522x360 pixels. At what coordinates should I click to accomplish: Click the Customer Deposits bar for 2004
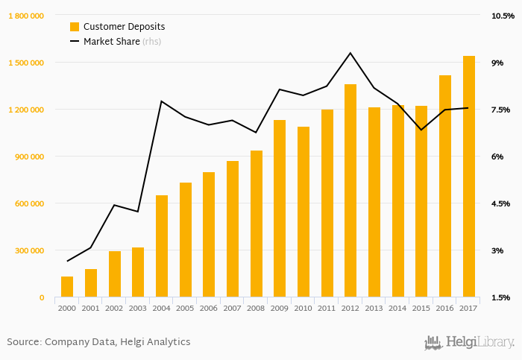(x=162, y=246)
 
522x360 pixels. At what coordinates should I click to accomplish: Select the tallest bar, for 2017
(x=469, y=177)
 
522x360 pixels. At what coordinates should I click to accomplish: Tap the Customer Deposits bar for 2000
(x=67, y=287)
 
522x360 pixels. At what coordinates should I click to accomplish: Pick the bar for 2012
(x=350, y=191)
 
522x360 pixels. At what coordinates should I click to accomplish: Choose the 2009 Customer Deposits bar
(x=280, y=209)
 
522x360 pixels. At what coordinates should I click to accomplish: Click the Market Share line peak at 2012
(x=350, y=53)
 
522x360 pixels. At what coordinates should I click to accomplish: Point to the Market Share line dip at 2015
(x=421, y=130)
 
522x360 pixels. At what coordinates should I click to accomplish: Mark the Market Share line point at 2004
(x=162, y=101)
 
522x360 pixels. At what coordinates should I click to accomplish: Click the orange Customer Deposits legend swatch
(x=75, y=27)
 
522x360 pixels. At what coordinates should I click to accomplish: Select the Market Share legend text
(x=111, y=42)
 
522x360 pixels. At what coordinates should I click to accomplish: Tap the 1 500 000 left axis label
(x=26, y=63)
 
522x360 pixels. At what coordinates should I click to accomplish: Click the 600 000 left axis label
(x=28, y=203)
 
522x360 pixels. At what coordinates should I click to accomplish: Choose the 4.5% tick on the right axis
(x=500, y=203)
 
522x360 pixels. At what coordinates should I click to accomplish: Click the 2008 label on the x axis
(x=256, y=308)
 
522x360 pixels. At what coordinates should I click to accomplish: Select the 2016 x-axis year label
(x=445, y=308)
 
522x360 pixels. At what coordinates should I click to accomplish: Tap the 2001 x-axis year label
(x=91, y=308)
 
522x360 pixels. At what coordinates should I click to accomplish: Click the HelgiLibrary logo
(x=469, y=342)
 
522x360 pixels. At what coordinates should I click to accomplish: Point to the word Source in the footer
(x=24, y=342)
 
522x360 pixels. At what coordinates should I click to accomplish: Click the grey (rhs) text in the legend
(x=151, y=42)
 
